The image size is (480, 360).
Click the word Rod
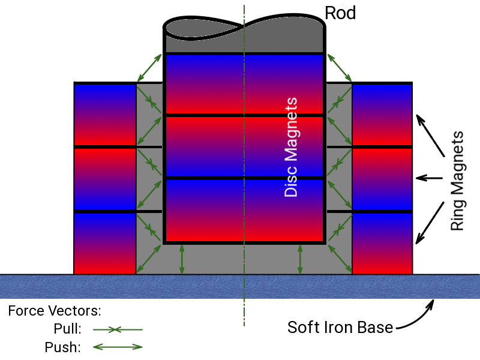pos(340,13)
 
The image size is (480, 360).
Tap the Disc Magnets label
pos(291,147)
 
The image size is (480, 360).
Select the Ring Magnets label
pos(457,181)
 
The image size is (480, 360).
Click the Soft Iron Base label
pos(340,327)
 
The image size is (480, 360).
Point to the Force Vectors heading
pos(55,311)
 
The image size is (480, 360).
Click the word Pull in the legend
pos(67,329)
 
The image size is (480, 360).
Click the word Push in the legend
pos(63,347)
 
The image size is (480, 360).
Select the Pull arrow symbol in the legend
pos(118,329)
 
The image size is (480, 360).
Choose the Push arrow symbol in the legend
pos(118,347)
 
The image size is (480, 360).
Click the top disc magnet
pos(244,84)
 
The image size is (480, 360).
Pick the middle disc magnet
pos(244,146)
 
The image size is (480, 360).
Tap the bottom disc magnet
pos(244,211)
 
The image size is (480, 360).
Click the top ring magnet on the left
pos(105,115)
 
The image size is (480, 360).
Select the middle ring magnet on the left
pos(105,179)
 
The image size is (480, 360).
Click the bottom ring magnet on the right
pos(382,244)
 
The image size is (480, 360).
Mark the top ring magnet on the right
pos(382,115)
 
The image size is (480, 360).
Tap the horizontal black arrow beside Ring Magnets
pos(430,178)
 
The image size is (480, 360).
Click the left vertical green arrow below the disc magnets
pos(182,259)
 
